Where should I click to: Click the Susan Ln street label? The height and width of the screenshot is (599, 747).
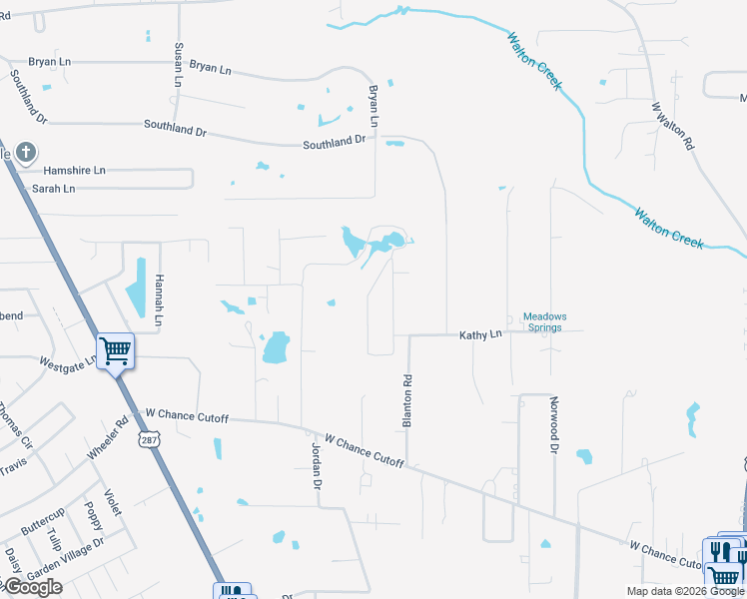[179, 64]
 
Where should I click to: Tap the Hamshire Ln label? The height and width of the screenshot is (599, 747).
[74, 171]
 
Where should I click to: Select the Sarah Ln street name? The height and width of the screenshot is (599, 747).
[54, 189]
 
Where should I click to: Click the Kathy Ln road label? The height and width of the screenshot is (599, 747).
[480, 335]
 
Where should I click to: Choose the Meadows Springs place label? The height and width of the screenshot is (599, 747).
[545, 321]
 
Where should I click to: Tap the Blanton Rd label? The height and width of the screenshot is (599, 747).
[407, 401]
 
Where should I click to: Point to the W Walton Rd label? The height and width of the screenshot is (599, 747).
[672, 125]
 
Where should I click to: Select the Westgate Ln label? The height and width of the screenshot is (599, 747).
[67, 360]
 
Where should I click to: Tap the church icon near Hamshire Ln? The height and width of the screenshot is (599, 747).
[26, 154]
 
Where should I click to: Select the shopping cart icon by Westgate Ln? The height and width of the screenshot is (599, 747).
[115, 349]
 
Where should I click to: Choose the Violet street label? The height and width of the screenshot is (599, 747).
[112, 502]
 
